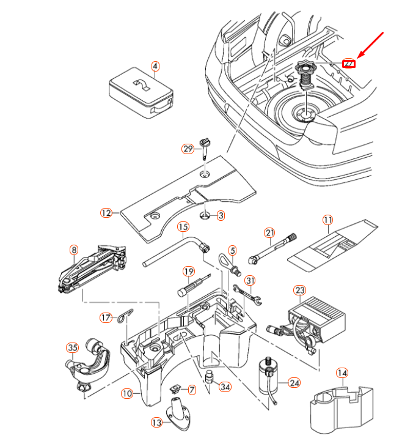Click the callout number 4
pyautogui.click(x=155, y=66)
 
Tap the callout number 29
pyautogui.click(x=188, y=149)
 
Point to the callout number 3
pyautogui.click(x=220, y=215)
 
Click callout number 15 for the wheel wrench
pyautogui.click(x=183, y=228)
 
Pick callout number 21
pyautogui.click(x=269, y=232)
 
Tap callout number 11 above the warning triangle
pyautogui.click(x=328, y=220)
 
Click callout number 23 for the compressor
pyautogui.click(x=299, y=291)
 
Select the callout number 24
pyautogui.click(x=294, y=383)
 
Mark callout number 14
pyautogui.click(x=342, y=372)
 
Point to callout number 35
pyautogui.click(x=73, y=348)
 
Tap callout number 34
pyautogui.click(x=225, y=387)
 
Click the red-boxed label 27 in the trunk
pyautogui.click(x=349, y=62)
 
